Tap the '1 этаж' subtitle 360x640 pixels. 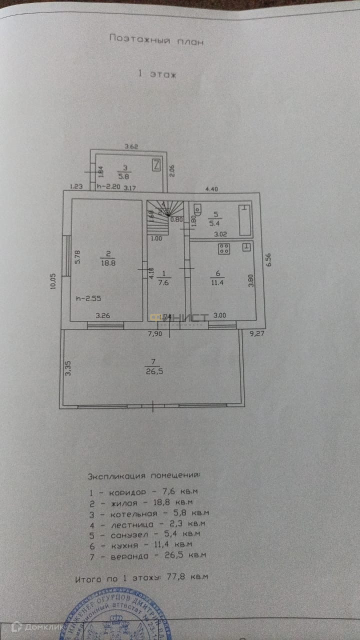pyautogui.click(x=157, y=74)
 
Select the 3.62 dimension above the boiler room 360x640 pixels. pyautogui.click(x=131, y=146)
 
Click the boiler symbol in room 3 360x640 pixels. pyautogui.click(x=156, y=164)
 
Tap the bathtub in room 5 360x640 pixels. pyautogui.click(x=244, y=219)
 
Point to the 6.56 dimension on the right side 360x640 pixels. pyautogui.click(x=268, y=259)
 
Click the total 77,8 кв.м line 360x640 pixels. pyautogui.click(x=141, y=578)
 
